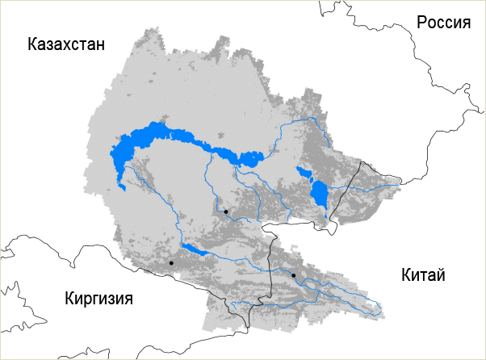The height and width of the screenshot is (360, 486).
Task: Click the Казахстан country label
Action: point(66,44)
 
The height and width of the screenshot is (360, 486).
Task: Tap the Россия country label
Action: point(443,23)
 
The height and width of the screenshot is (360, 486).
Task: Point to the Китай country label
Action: point(423,275)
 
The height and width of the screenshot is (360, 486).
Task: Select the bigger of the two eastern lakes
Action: point(320,194)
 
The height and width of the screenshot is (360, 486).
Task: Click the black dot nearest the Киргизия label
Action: point(171,263)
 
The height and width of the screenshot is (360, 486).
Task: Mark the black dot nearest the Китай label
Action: point(294,275)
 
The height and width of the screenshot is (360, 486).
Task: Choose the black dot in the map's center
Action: point(226,211)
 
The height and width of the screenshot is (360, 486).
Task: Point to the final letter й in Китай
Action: point(441,275)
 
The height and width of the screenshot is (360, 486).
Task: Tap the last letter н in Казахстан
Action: point(100,44)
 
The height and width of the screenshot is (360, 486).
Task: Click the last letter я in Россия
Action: point(466,23)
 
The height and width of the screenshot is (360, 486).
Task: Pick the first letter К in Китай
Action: point(405,275)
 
